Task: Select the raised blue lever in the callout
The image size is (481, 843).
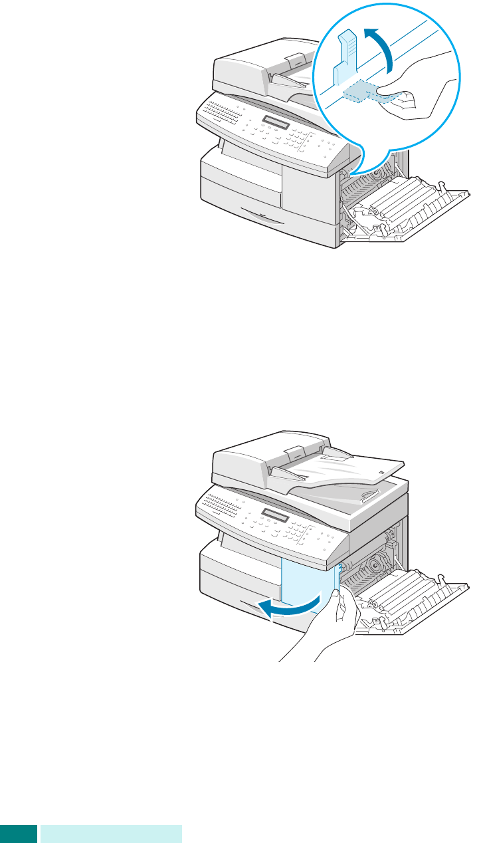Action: click(x=345, y=57)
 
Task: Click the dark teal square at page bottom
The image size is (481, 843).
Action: click(x=18, y=834)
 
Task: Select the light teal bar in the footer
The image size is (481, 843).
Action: click(x=111, y=834)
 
